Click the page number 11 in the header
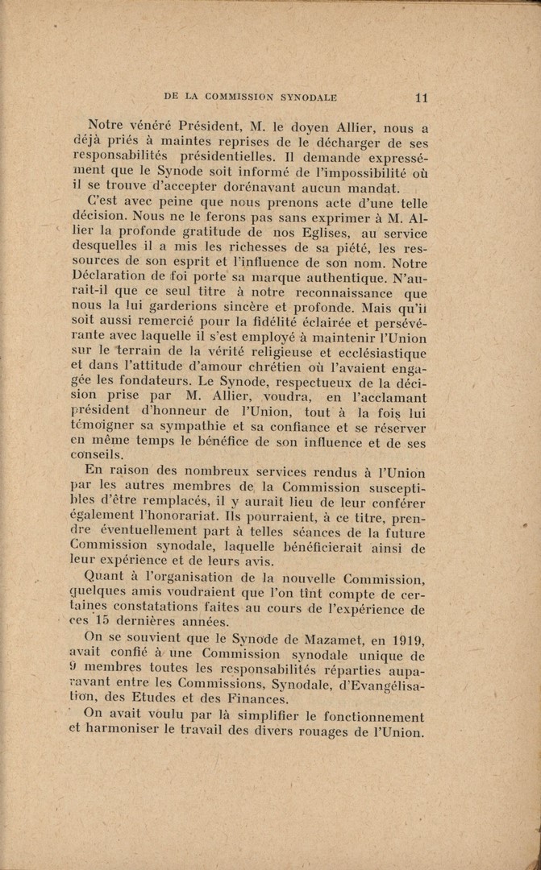pyautogui.click(x=421, y=97)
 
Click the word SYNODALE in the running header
pyautogui.click(x=308, y=97)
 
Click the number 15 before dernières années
pyautogui.click(x=102, y=620)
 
